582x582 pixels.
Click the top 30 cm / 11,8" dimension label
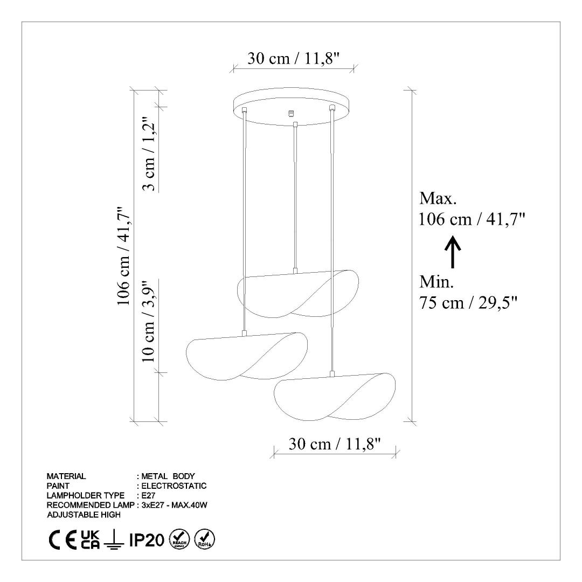coord(294,58)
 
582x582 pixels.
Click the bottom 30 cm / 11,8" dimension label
coord(335,444)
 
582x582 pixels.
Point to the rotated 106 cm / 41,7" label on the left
coord(123,256)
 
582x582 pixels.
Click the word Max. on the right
coord(438,198)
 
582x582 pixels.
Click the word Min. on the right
coord(436,282)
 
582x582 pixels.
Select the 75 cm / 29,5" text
coord(468,303)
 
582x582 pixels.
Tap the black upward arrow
coord(453,252)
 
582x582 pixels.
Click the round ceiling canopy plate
coord(291,107)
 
